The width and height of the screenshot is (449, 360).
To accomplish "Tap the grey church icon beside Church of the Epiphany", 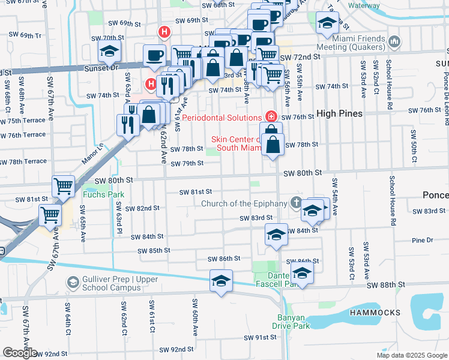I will [x=295, y=203].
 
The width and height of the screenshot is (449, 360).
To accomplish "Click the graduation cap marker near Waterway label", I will [x=327, y=23].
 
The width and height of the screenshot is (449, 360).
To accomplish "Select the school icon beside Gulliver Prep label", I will [x=73, y=282].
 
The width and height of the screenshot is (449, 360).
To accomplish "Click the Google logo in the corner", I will [x=19, y=353].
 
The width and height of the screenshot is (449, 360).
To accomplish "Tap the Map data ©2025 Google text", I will [x=412, y=355].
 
